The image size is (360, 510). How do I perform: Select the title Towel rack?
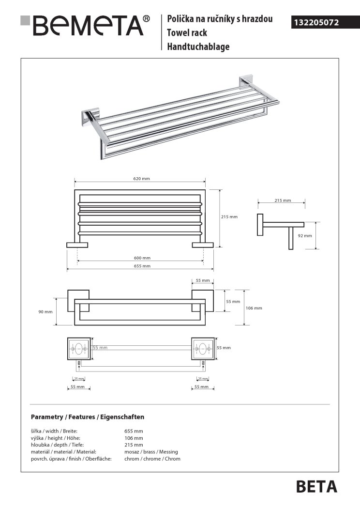(x=186, y=33)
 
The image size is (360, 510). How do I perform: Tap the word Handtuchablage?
(x=198, y=46)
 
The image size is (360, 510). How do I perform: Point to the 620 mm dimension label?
(x=141, y=179)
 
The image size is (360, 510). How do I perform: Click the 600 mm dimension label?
(x=142, y=258)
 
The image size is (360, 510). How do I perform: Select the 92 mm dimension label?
(x=304, y=236)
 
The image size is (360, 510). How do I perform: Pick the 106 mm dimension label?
(x=254, y=308)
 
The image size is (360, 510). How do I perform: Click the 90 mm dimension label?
(x=45, y=311)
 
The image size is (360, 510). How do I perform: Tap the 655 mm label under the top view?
(x=142, y=266)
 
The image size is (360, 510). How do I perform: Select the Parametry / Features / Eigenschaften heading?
(x=88, y=417)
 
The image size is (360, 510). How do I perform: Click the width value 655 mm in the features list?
(x=134, y=431)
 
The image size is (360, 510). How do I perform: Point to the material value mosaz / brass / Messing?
(x=151, y=452)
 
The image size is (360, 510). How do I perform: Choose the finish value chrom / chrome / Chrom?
(x=152, y=459)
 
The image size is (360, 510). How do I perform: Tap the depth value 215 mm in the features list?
(x=134, y=445)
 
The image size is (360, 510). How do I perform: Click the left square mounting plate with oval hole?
(x=78, y=349)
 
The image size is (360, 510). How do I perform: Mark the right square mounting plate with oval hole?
(x=202, y=349)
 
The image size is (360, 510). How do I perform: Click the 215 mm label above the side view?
(x=283, y=200)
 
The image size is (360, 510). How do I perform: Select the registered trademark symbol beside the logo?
(x=147, y=18)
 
